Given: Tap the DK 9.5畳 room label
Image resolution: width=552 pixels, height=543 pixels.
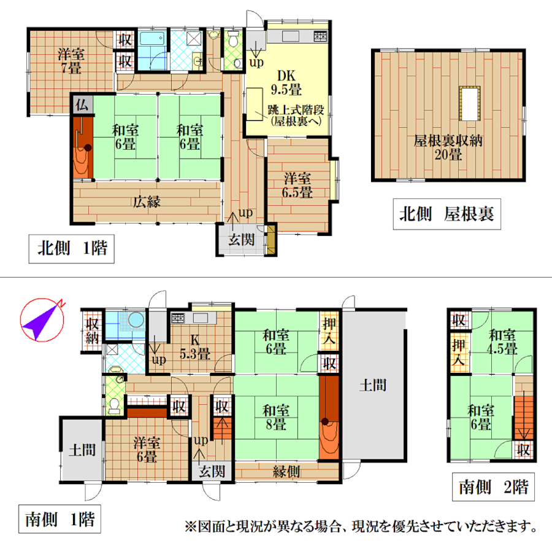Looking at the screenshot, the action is point(286,83).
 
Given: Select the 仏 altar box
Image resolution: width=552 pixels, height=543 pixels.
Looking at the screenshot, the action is point(82,104).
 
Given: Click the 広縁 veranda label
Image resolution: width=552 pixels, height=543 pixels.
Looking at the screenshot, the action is point(147,202).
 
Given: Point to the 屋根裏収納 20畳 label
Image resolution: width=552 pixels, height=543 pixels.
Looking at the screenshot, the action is point(448,148).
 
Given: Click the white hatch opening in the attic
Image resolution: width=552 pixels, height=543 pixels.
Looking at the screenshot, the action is point(469,103).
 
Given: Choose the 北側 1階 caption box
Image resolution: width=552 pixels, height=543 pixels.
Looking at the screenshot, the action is point(72,249).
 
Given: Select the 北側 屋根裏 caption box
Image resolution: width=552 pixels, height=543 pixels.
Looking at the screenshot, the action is point(447,214).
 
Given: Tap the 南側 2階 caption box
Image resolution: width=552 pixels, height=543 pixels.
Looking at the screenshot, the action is point(493,487).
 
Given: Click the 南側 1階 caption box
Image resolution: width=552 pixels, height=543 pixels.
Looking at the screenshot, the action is point(59,519).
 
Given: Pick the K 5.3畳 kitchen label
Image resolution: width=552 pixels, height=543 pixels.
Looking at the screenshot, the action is point(194,347).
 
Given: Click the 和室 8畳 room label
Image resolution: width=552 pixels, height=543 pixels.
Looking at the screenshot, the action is point(276,418).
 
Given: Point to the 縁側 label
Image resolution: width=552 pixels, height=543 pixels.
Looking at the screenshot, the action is point(286,471).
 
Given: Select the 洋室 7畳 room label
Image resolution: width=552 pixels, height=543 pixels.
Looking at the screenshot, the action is point(71,61).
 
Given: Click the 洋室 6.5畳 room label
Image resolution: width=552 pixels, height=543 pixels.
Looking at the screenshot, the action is point(297,186).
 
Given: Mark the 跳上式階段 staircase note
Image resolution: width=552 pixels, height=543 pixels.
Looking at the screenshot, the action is point(296,115).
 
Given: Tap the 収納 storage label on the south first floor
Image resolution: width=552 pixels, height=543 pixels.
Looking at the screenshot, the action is point(92,330).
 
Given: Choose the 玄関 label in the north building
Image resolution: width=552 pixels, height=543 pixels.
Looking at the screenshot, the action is point(242,240).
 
